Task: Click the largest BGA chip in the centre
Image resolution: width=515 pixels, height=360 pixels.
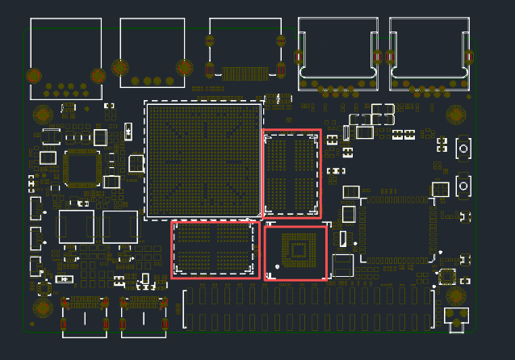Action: pos(203,160)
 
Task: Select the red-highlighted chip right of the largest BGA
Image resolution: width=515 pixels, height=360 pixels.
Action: pos(291,173)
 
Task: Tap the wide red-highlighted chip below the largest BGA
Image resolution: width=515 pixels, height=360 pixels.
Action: pos(214,249)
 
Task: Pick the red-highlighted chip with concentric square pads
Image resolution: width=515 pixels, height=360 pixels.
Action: pos(296,252)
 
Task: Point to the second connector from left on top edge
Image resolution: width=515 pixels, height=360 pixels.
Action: pos(153,52)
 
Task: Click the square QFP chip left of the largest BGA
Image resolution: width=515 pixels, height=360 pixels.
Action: pos(82,169)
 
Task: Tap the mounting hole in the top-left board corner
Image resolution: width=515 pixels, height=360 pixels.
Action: pos(43,115)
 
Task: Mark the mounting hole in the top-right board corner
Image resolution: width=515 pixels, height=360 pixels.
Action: pos(457,115)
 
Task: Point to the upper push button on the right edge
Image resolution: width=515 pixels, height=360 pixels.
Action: pos(464,149)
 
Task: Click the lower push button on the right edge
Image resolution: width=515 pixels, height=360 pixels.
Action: pos(464,186)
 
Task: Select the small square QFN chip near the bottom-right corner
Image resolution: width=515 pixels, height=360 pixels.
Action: pos(446,277)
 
